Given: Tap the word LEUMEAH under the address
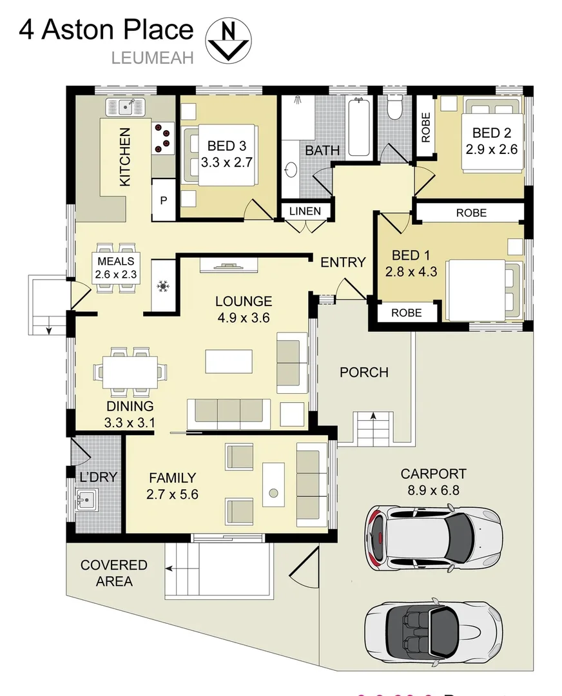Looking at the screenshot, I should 153,57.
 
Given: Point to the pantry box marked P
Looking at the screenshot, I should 164,200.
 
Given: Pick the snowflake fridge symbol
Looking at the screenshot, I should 164,284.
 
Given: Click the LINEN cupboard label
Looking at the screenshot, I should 305,211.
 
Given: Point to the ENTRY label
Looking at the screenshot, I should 343,262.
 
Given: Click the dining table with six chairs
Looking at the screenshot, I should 131,372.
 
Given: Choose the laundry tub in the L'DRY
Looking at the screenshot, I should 86,499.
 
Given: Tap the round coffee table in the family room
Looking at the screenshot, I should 273,493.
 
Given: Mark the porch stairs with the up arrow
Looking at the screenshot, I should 372,428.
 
